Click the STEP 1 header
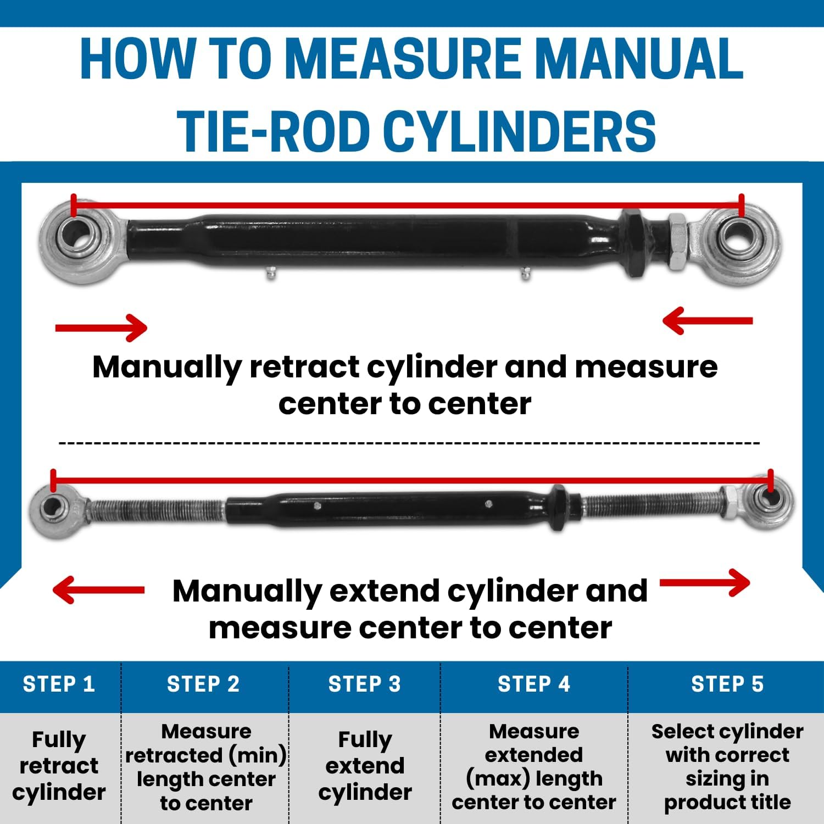(59, 684)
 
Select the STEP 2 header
(203, 684)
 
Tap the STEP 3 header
(365, 684)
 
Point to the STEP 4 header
(534, 684)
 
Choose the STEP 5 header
(727, 684)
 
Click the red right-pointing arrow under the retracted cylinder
(102, 328)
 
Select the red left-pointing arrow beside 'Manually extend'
(99, 590)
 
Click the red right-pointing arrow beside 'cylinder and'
(705, 583)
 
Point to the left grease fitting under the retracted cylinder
(270, 272)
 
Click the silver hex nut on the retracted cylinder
(678, 242)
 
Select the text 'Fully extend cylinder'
(365, 765)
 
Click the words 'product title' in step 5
(727, 803)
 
